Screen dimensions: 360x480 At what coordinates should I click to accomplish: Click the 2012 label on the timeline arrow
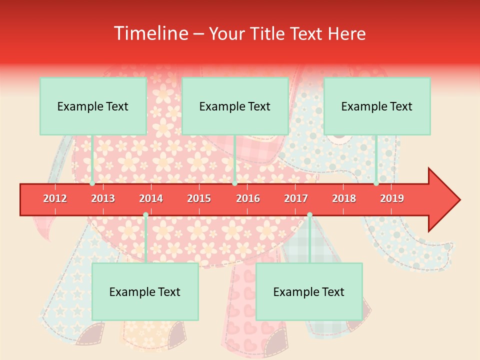[55, 198]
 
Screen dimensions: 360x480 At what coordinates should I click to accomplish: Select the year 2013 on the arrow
[103, 198]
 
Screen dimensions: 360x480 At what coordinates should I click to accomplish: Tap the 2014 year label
[151, 198]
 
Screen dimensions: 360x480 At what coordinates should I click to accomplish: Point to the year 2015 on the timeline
[199, 198]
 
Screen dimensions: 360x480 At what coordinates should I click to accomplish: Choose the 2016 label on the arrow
[248, 198]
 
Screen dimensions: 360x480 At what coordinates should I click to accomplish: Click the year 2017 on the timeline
[296, 198]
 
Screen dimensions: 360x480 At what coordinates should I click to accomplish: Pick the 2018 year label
[344, 198]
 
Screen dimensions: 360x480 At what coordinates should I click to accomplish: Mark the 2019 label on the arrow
[392, 198]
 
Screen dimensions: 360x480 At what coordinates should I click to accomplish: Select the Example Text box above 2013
[93, 106]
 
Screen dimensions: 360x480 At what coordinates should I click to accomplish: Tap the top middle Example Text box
[235, 106]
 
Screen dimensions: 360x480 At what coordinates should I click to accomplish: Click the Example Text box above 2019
[377, 106]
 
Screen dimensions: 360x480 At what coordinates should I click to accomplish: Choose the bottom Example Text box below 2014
[145, 291]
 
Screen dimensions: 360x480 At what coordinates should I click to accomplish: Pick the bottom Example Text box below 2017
[309, 291]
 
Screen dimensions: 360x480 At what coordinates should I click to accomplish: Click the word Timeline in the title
[150, 33]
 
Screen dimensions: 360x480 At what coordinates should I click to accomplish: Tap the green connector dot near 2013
[92, 183]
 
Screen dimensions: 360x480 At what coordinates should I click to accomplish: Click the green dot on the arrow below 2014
[145, 214]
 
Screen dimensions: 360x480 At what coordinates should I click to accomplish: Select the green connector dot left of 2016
[234, 183]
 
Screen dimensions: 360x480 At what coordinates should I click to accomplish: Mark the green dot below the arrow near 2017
[309, 214]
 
